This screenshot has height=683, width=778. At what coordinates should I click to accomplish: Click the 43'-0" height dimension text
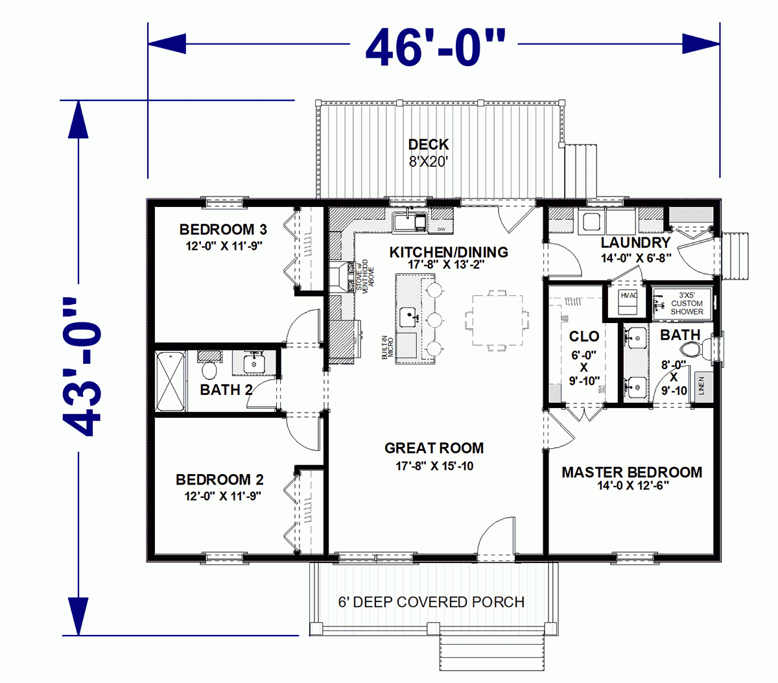[83, 366]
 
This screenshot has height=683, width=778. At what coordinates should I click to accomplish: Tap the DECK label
[428, 145]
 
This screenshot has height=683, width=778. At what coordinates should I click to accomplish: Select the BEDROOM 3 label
[223, 230]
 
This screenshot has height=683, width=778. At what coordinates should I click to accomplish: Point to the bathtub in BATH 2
[171, 381]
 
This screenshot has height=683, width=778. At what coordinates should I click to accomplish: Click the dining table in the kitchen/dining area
[497, 322]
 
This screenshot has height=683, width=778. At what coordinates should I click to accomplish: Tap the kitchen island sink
[408, 318]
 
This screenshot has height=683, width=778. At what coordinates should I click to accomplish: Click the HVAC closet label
[629, 296]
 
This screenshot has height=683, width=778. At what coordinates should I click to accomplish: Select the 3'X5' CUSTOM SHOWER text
[686, 303]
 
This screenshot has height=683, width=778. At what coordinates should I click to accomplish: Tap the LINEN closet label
[701, 386]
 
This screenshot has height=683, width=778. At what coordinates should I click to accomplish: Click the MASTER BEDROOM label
[631, 472]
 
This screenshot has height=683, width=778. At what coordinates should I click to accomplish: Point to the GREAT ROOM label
[434, 448]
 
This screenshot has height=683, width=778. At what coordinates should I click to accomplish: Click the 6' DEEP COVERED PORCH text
[431, 602]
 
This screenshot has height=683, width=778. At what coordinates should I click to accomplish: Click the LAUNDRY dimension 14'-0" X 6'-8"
[635, 258]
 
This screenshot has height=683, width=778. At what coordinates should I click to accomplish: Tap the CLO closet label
[583, 336]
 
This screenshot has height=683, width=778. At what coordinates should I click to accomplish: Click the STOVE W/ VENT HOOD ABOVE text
[364, 277]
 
